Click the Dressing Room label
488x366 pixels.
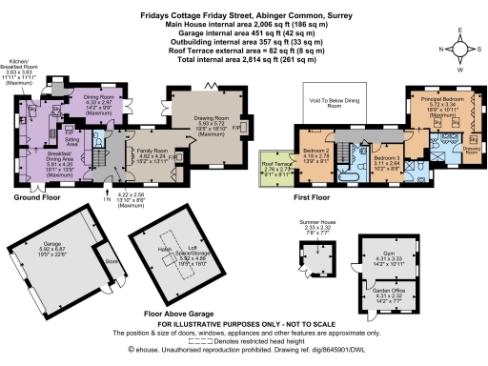click(x=471, y=149)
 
